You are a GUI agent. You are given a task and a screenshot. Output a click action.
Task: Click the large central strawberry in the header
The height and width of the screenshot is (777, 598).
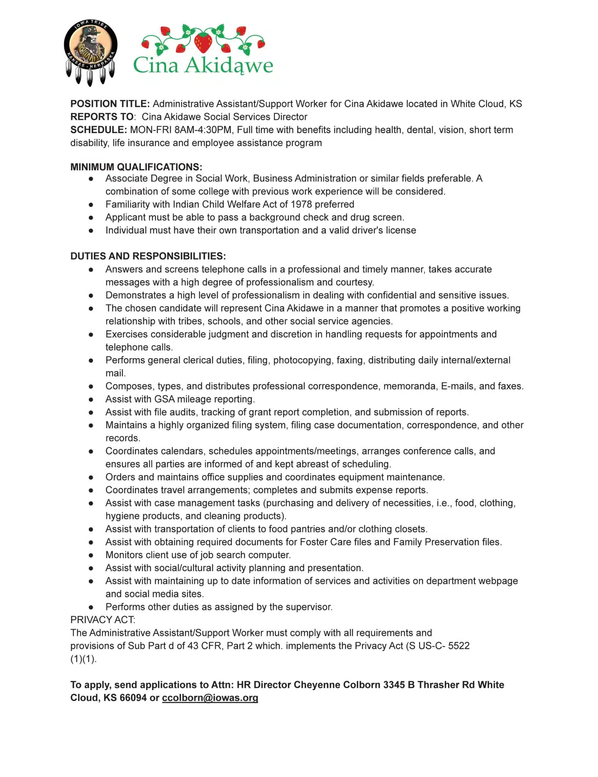coord(204,42)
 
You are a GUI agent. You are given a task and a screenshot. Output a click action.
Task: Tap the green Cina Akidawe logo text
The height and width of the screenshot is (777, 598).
coord(203,65)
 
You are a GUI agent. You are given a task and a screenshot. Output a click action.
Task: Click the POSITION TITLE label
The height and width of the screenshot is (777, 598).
coord(110,104)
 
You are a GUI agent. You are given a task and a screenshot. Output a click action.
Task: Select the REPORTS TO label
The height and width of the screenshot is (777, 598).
coord(102,117)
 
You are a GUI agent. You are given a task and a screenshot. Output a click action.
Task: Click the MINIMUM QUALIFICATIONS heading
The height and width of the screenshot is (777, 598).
coord(136,167)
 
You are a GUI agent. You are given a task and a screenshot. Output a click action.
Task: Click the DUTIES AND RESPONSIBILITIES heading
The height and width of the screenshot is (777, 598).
coord(148,256)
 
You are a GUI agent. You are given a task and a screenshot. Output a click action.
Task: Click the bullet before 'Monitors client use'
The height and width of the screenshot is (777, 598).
coord(91,555)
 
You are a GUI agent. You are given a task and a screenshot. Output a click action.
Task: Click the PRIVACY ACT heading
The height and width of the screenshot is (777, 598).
coord(102,620)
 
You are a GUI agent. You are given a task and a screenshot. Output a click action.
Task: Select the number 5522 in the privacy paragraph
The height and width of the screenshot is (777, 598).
coord(459,646)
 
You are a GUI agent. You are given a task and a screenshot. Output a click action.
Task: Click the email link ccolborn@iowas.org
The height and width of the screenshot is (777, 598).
coord(210,698)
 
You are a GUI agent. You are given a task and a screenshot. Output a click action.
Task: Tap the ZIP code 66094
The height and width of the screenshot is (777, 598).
coord(133,698)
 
